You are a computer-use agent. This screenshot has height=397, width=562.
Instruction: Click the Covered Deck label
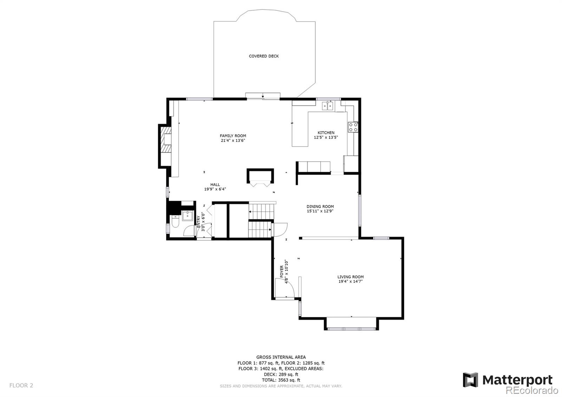pyautogui.click(x=264, y=56)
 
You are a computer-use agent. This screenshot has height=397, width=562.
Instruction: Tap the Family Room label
pyautogui.click(x=233, y=136)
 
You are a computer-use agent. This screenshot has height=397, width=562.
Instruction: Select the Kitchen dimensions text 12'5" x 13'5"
pyautogui.click(x=326, y=137)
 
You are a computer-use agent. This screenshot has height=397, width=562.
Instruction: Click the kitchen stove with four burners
pyautogui.click(x=353, y=127)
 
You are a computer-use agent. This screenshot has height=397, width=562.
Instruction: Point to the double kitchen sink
pyautogui.click(x=328, y=105)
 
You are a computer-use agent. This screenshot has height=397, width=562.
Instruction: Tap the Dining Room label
pyautogui.click(x=320, y=207)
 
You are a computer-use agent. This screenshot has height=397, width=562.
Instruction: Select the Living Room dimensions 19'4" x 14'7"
pyautogui.click(x=350, y=281)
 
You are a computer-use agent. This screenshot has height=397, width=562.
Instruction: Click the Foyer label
pyautogui.click(x=282, y=272)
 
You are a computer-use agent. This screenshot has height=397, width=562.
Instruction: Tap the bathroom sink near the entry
pyautogui.click(x=188, y=215)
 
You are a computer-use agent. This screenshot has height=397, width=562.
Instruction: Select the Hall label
pyautogui.click(x=215, y=184)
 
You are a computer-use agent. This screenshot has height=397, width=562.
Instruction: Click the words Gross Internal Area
pyautogui.click(x=281, y=357)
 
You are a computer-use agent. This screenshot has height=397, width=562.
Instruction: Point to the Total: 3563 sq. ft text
pyautogui.click(x=281, y=380)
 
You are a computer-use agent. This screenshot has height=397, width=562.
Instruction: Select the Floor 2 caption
pyautogui.click(x=21, y=385)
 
